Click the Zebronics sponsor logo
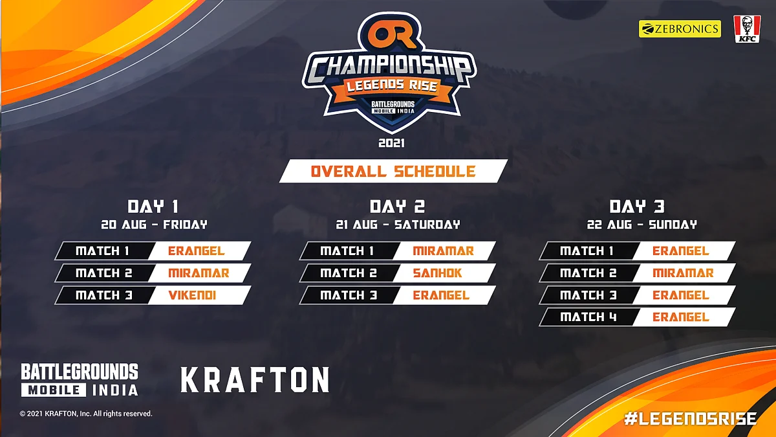(x=680, y=28)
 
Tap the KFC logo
(x=748, y=29)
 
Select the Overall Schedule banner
(x=393, y=171)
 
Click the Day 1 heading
(x=153, y=207)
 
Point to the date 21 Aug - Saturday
(x=398, y=225)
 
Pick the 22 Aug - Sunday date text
(x=641, y=225)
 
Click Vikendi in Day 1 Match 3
(x=192, y=295)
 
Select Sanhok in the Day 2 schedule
(x=437, y=273)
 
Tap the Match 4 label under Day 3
(x=588, y=317)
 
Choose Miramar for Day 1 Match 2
(x=199, y=273)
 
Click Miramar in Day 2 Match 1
(x=443, y=251)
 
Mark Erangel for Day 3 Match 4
(x=681, y=317)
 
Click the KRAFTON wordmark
(x=255, y=380)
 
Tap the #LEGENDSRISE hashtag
(x=691, y=419)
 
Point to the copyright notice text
(x=86, y=414)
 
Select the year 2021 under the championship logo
(x=391, y=143)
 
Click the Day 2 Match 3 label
(x=349, y=295)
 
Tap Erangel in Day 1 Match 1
(x=197, y=251)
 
